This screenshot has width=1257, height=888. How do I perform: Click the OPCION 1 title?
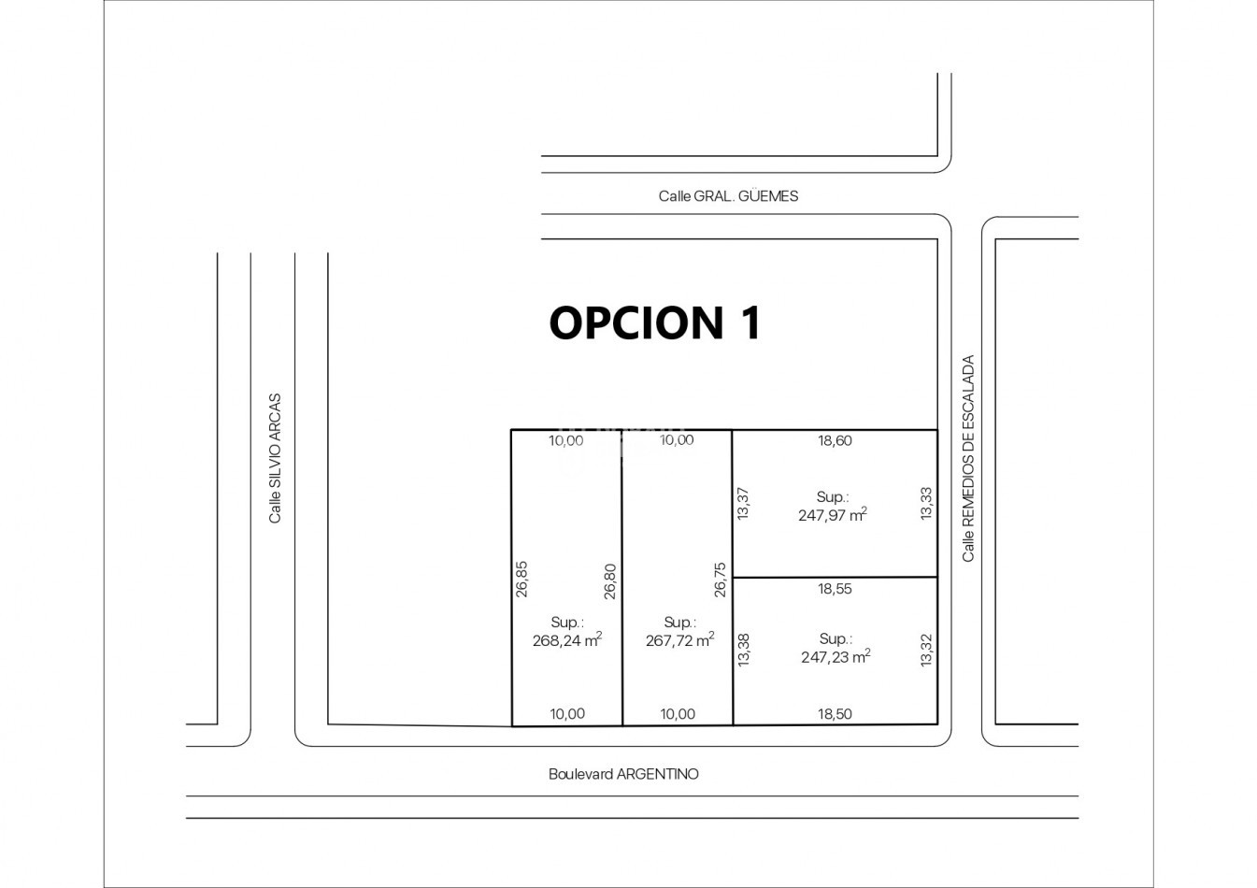(655, 322)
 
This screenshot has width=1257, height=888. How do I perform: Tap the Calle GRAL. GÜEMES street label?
(728, 196)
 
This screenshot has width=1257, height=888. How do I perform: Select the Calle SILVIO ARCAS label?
(275, 458)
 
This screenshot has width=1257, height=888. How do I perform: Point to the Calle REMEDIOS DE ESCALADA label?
(968, 458)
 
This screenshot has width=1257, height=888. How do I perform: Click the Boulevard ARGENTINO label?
(623, 774)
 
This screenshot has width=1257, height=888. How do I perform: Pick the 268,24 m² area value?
(567, 640)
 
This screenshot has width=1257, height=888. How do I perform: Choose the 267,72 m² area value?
(680, 640)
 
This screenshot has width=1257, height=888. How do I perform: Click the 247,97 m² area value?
(833, 515)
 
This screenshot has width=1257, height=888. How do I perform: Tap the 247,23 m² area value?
(836, 656)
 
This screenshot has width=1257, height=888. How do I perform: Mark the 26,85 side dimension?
(521, 580)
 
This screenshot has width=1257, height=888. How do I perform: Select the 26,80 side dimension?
(610, 581)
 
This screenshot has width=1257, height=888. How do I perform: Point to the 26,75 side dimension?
(720, 580)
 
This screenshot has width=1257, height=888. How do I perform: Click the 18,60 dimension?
(835, 440)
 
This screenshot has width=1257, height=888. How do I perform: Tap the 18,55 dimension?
(835, 589)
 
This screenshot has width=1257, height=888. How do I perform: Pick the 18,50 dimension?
(835, 714)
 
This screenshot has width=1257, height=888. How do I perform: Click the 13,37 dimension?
(742, 504)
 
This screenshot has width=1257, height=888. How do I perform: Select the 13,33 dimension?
(926, 504)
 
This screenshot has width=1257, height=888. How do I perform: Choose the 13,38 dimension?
(743, 650)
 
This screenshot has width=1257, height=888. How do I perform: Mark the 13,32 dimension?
(926, 650)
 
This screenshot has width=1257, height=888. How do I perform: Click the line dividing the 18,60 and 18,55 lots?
(835, 577)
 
